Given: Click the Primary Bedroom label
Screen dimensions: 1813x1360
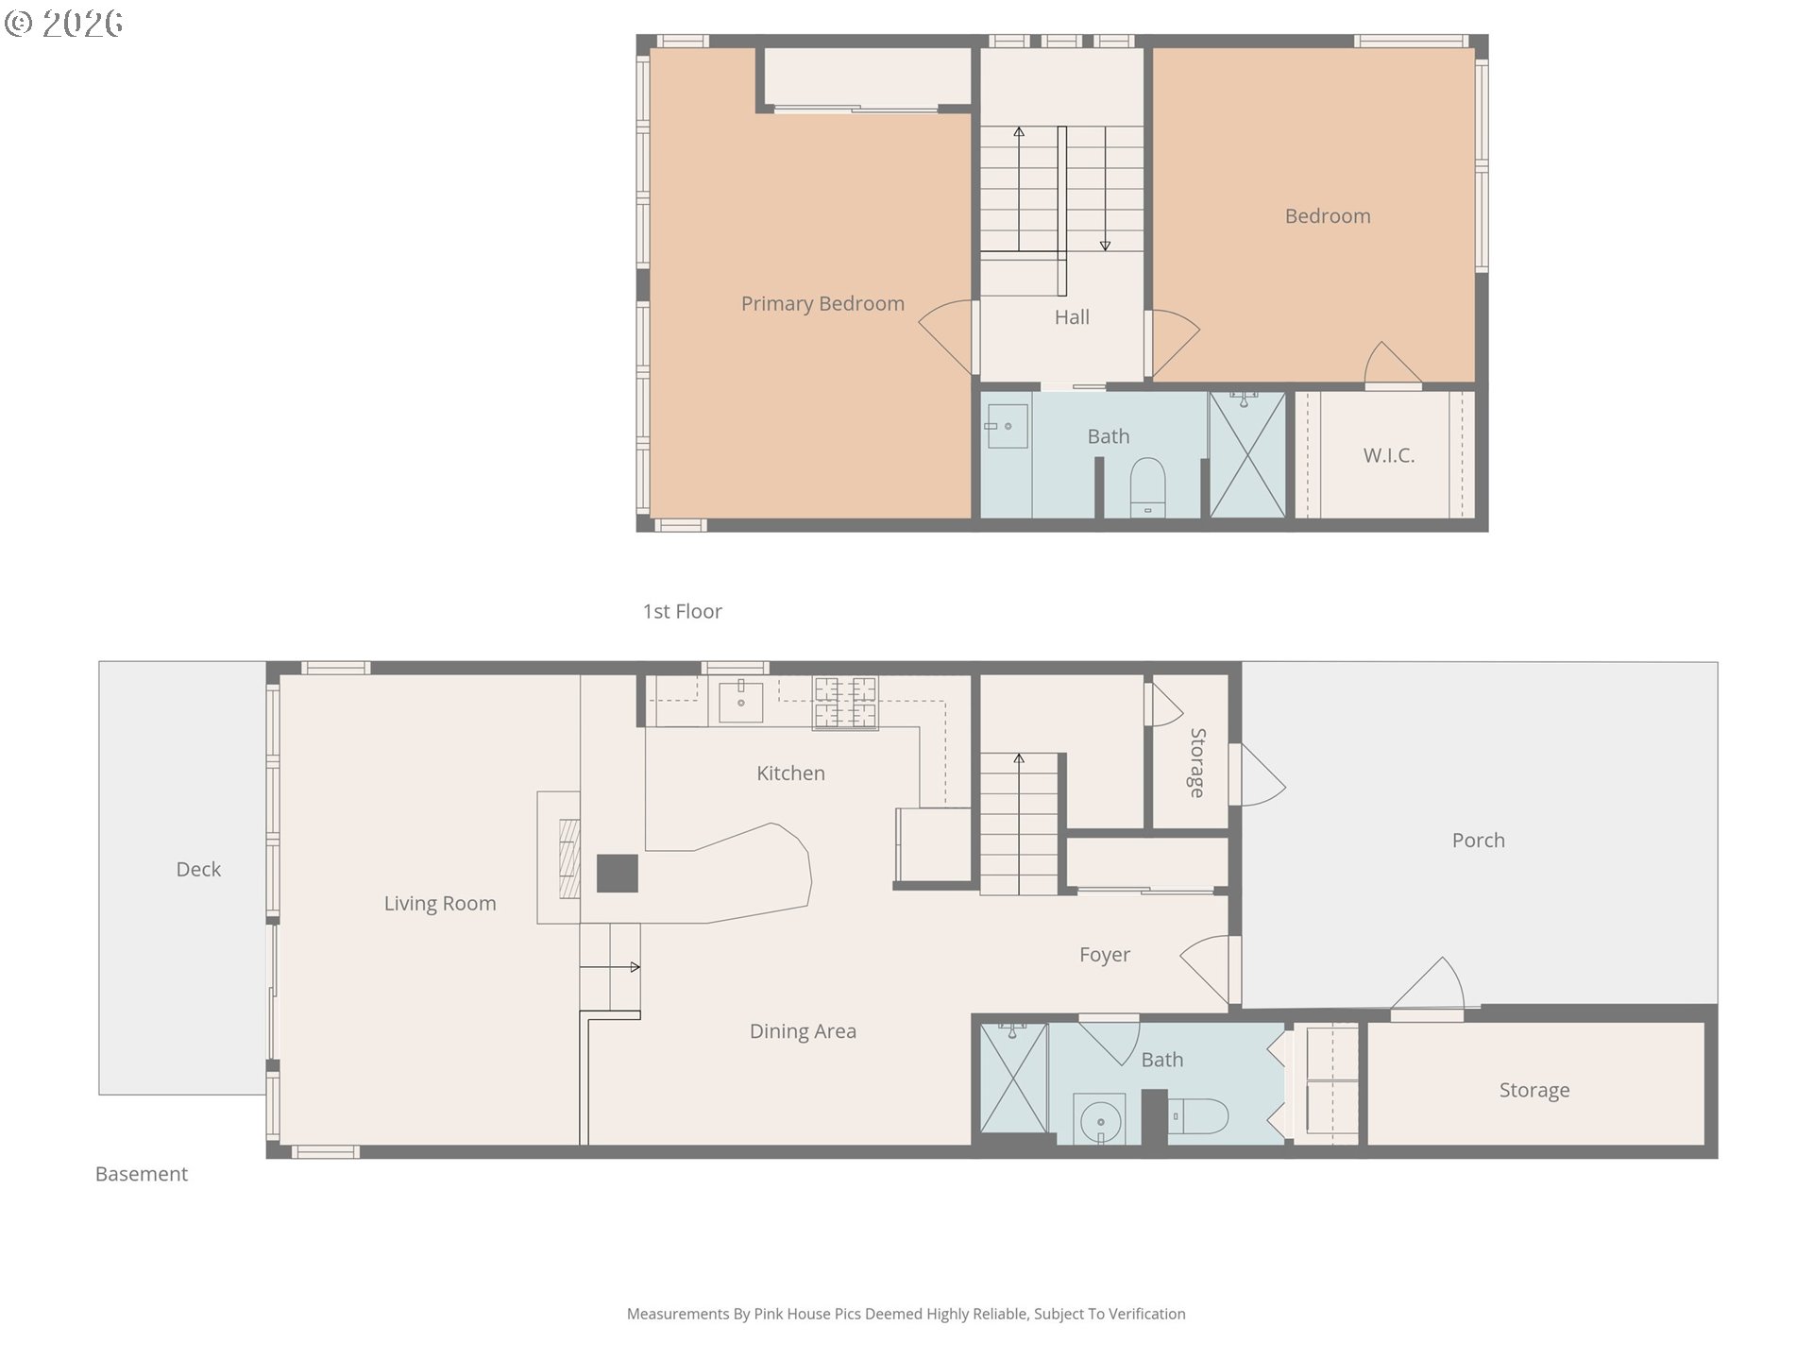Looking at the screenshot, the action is [x=822, y=303].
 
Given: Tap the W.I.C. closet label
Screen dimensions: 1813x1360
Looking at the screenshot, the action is [x=1388, y=455].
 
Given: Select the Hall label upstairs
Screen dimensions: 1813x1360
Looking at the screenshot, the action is [x=1072, y=317].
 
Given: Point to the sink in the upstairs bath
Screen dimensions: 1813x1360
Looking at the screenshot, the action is [x=1007, y=427].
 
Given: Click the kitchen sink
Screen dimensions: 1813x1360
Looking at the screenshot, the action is [x=741, y=701].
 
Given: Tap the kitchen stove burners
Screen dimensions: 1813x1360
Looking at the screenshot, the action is [x=845, y=703].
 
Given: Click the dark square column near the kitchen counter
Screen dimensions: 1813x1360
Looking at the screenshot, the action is [x=618, y=874].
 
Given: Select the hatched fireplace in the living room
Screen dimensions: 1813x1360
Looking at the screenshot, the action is [x=569, y=858].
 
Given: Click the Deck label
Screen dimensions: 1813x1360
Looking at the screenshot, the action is [x=198, y=869].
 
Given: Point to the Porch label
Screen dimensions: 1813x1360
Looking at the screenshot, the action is [x=1478, y=841].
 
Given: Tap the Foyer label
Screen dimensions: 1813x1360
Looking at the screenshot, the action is [x=1105, y=955].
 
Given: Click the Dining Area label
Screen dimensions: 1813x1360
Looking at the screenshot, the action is [x=803, y=1031].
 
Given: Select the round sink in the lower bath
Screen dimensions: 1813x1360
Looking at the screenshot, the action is [x=1100, y=1121].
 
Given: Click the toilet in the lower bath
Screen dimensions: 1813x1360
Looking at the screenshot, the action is [x=1198, y=1116].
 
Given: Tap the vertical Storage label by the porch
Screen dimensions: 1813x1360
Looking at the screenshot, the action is [x=1197, y=762].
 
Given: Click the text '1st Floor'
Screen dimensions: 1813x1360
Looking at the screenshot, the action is [x=682, y=611].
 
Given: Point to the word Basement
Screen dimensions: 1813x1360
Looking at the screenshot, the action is [x=142, y=1174].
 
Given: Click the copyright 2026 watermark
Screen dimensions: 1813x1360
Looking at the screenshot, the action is [x=64, y=24].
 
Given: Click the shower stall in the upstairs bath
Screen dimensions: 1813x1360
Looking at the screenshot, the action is [x=1247, y=454].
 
